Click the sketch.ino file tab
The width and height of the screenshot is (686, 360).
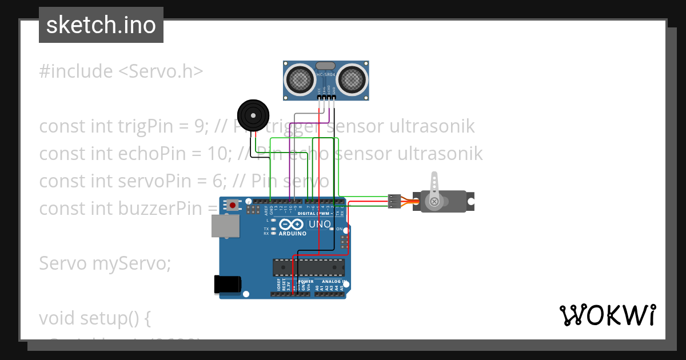(101, 25)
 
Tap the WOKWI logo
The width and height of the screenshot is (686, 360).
(607, 315)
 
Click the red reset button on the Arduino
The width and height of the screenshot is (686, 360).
(233, 205)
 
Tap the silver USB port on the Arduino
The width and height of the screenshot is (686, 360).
(226, 226)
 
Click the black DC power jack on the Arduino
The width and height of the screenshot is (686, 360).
(227, 284)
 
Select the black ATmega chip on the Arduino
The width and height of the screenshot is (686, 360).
(309, 267)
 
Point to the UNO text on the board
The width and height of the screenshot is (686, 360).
(320, 224)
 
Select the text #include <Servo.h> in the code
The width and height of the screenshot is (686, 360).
(121, 71)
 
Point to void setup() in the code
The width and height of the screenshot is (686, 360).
(95, 318)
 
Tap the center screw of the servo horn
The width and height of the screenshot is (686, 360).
(435, 201)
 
